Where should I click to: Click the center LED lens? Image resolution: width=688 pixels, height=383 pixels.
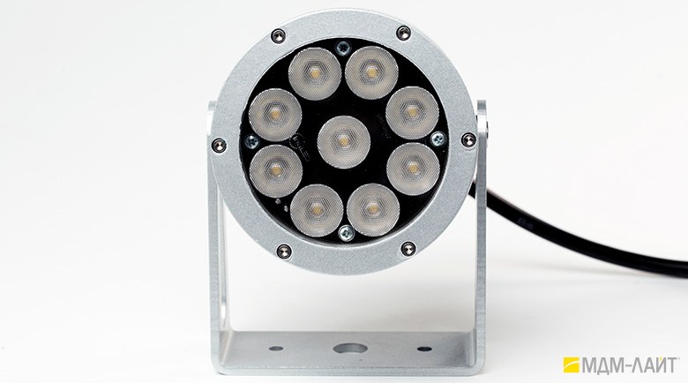pyautogui.click(x=344, y=142)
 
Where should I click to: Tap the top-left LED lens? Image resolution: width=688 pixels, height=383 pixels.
pyautogui.click(x=315, y=73)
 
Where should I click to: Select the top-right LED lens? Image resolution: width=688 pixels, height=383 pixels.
pyautogui.click(x=371, y=72)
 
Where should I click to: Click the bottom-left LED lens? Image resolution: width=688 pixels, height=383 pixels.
pyautogui.click(x=317, y=211)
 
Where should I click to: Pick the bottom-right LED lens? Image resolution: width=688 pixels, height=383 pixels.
pyautogui.click(x=373, y=210)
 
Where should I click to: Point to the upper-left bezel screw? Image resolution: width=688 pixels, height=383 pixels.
pyautogui.click(x=278, y=35)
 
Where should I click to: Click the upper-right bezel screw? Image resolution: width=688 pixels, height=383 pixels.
pyautogui.click(x=403, y=33)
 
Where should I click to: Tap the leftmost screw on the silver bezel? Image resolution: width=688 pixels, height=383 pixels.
pyautogui.click(x=219, y=145)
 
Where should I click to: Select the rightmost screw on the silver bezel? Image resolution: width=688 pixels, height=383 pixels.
pyautogui.click(x=468, y=140)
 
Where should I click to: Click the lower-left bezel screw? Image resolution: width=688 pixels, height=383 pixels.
pyautogui.click(x=284, y=252)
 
